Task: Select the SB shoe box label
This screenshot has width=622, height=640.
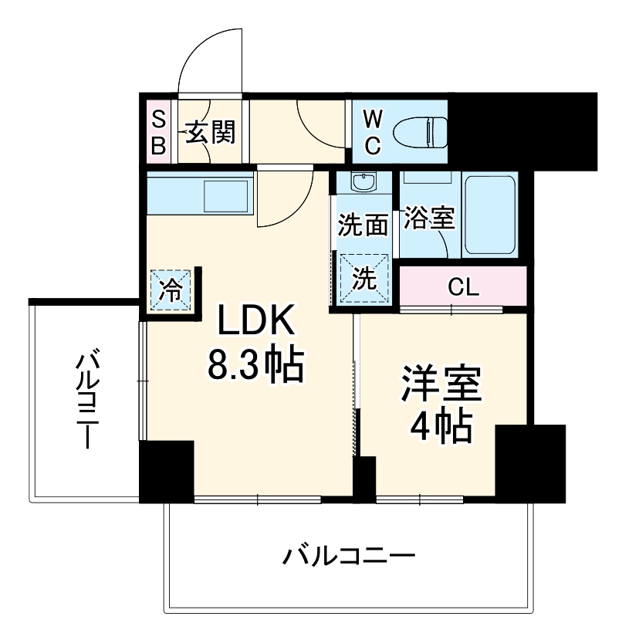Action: point(158,132)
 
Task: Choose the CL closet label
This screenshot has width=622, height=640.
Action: point(464,288)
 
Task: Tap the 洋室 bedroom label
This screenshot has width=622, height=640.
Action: point(441,384)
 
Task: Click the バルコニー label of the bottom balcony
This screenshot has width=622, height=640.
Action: point(349,556)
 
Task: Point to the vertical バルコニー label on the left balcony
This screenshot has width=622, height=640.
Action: point(86,400)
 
